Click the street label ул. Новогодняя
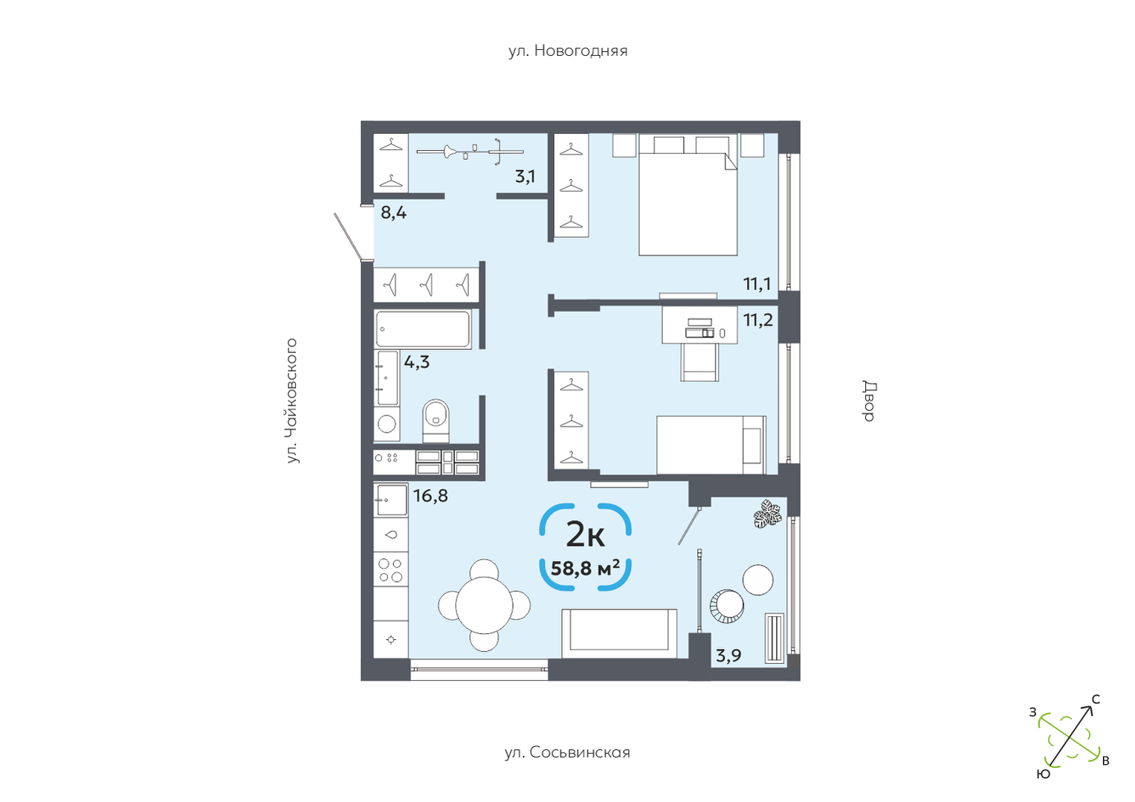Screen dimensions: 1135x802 (568, 51)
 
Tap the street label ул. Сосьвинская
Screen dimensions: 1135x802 (568, 752)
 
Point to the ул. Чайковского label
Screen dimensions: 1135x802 (292, 400)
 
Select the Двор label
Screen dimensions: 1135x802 (870, 401)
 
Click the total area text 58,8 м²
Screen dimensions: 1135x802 (585, 569)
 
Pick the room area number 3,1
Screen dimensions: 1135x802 (525, 177)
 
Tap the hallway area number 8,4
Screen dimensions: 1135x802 (394, 213)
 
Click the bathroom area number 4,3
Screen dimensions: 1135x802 (416, 362)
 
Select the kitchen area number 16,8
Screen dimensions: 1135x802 (430, 496)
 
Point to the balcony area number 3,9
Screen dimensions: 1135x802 (728, 656)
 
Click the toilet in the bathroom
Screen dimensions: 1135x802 (436, 421)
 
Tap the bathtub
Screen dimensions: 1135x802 (423, 329)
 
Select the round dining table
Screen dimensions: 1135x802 (485, 606)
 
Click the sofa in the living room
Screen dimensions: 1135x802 (619, 633)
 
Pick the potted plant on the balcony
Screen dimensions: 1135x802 (767, 514)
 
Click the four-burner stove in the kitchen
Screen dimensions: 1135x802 (391, 569)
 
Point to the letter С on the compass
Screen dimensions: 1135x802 (1096, 699)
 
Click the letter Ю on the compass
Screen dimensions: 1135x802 (1044, 774)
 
